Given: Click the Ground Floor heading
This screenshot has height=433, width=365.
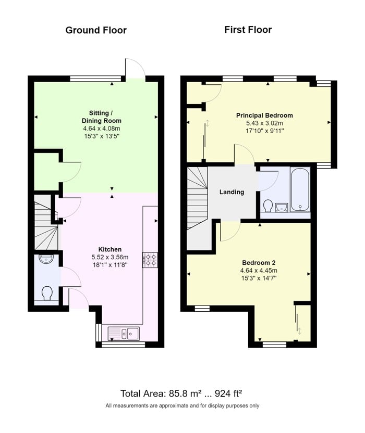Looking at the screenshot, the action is [x=96, y=30].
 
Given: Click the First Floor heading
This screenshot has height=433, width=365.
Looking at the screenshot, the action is [x=248, y=30].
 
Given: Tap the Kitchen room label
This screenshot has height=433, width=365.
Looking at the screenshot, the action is [x=110, y=249].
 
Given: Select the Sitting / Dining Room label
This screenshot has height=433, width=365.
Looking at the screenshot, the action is [x=101, y=117].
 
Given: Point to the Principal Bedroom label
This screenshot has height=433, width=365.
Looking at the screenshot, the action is [x=264, y=115].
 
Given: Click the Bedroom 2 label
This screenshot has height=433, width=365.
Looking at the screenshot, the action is [x=259, y=263].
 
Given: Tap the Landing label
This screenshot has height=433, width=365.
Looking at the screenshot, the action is [x=232, y=192].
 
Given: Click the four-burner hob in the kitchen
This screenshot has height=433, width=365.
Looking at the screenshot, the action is [x=150, y=260].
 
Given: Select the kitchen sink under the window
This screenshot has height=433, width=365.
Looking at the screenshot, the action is [x=124, y=333].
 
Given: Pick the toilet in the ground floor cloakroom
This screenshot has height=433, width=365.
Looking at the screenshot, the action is [x=47, y=293].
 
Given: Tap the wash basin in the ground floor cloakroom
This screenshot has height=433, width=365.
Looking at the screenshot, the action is [x=46, y=259].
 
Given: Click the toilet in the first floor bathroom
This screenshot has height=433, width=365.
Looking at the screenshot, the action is [x=267, y=206].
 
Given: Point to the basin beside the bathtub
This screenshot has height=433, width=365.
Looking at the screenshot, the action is [x=282, y=207].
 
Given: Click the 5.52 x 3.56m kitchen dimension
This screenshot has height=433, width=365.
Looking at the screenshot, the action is [x=110, y=257].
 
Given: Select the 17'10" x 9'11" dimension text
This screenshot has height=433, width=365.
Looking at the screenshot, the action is [x=265, y=131].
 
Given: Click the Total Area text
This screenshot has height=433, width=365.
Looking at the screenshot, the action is [x=181, y=393].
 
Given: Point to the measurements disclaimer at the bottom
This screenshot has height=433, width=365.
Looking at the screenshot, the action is [x=182, y=405].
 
